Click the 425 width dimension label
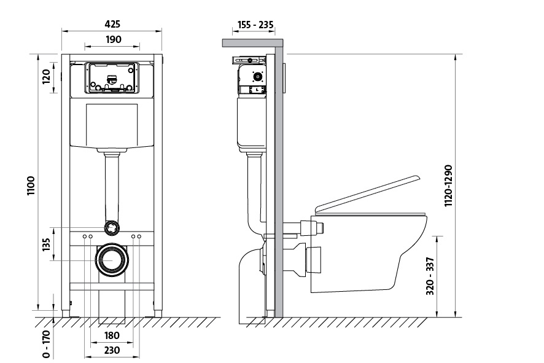point(112,24)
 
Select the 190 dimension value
point(112,39)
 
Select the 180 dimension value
point(112,335)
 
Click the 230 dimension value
point(112,350)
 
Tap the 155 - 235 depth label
point(254,25)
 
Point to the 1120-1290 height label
point(448,185)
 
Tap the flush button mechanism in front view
point(111,78)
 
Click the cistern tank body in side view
point(250,123)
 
